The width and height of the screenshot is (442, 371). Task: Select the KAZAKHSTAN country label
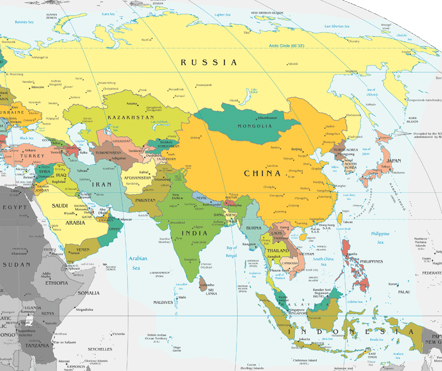[130, 118]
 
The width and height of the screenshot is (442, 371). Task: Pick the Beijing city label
[297, 149]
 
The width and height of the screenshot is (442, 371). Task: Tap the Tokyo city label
[386, 167]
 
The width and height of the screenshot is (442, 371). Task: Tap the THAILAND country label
[277, 251]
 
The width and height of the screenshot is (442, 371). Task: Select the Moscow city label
[38, 87]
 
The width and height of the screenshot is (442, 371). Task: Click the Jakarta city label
[303, 339]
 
